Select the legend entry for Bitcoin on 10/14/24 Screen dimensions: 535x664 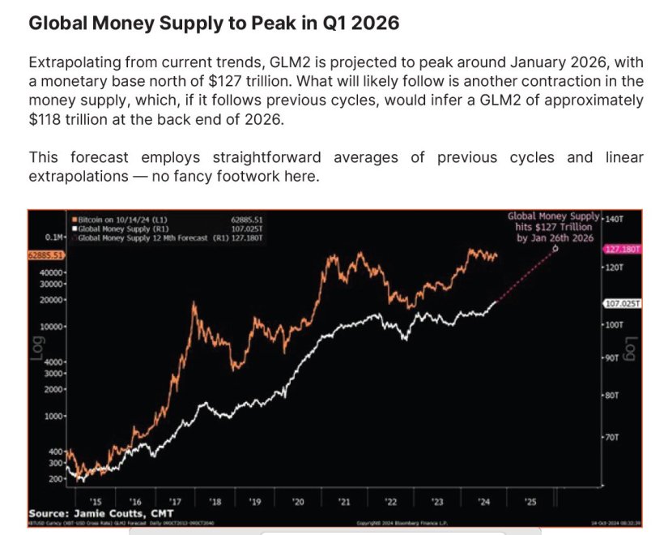[x=118, y=218]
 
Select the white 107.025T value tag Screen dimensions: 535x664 [x=622, y=303]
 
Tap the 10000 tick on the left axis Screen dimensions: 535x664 [x=53, y=326]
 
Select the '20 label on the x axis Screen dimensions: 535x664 [x=299, y=503]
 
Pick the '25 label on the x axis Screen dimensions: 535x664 [x=530, y=503]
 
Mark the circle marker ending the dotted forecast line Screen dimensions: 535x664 [x=555, y=249]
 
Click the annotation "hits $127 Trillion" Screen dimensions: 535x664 [x=555, y=228]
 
